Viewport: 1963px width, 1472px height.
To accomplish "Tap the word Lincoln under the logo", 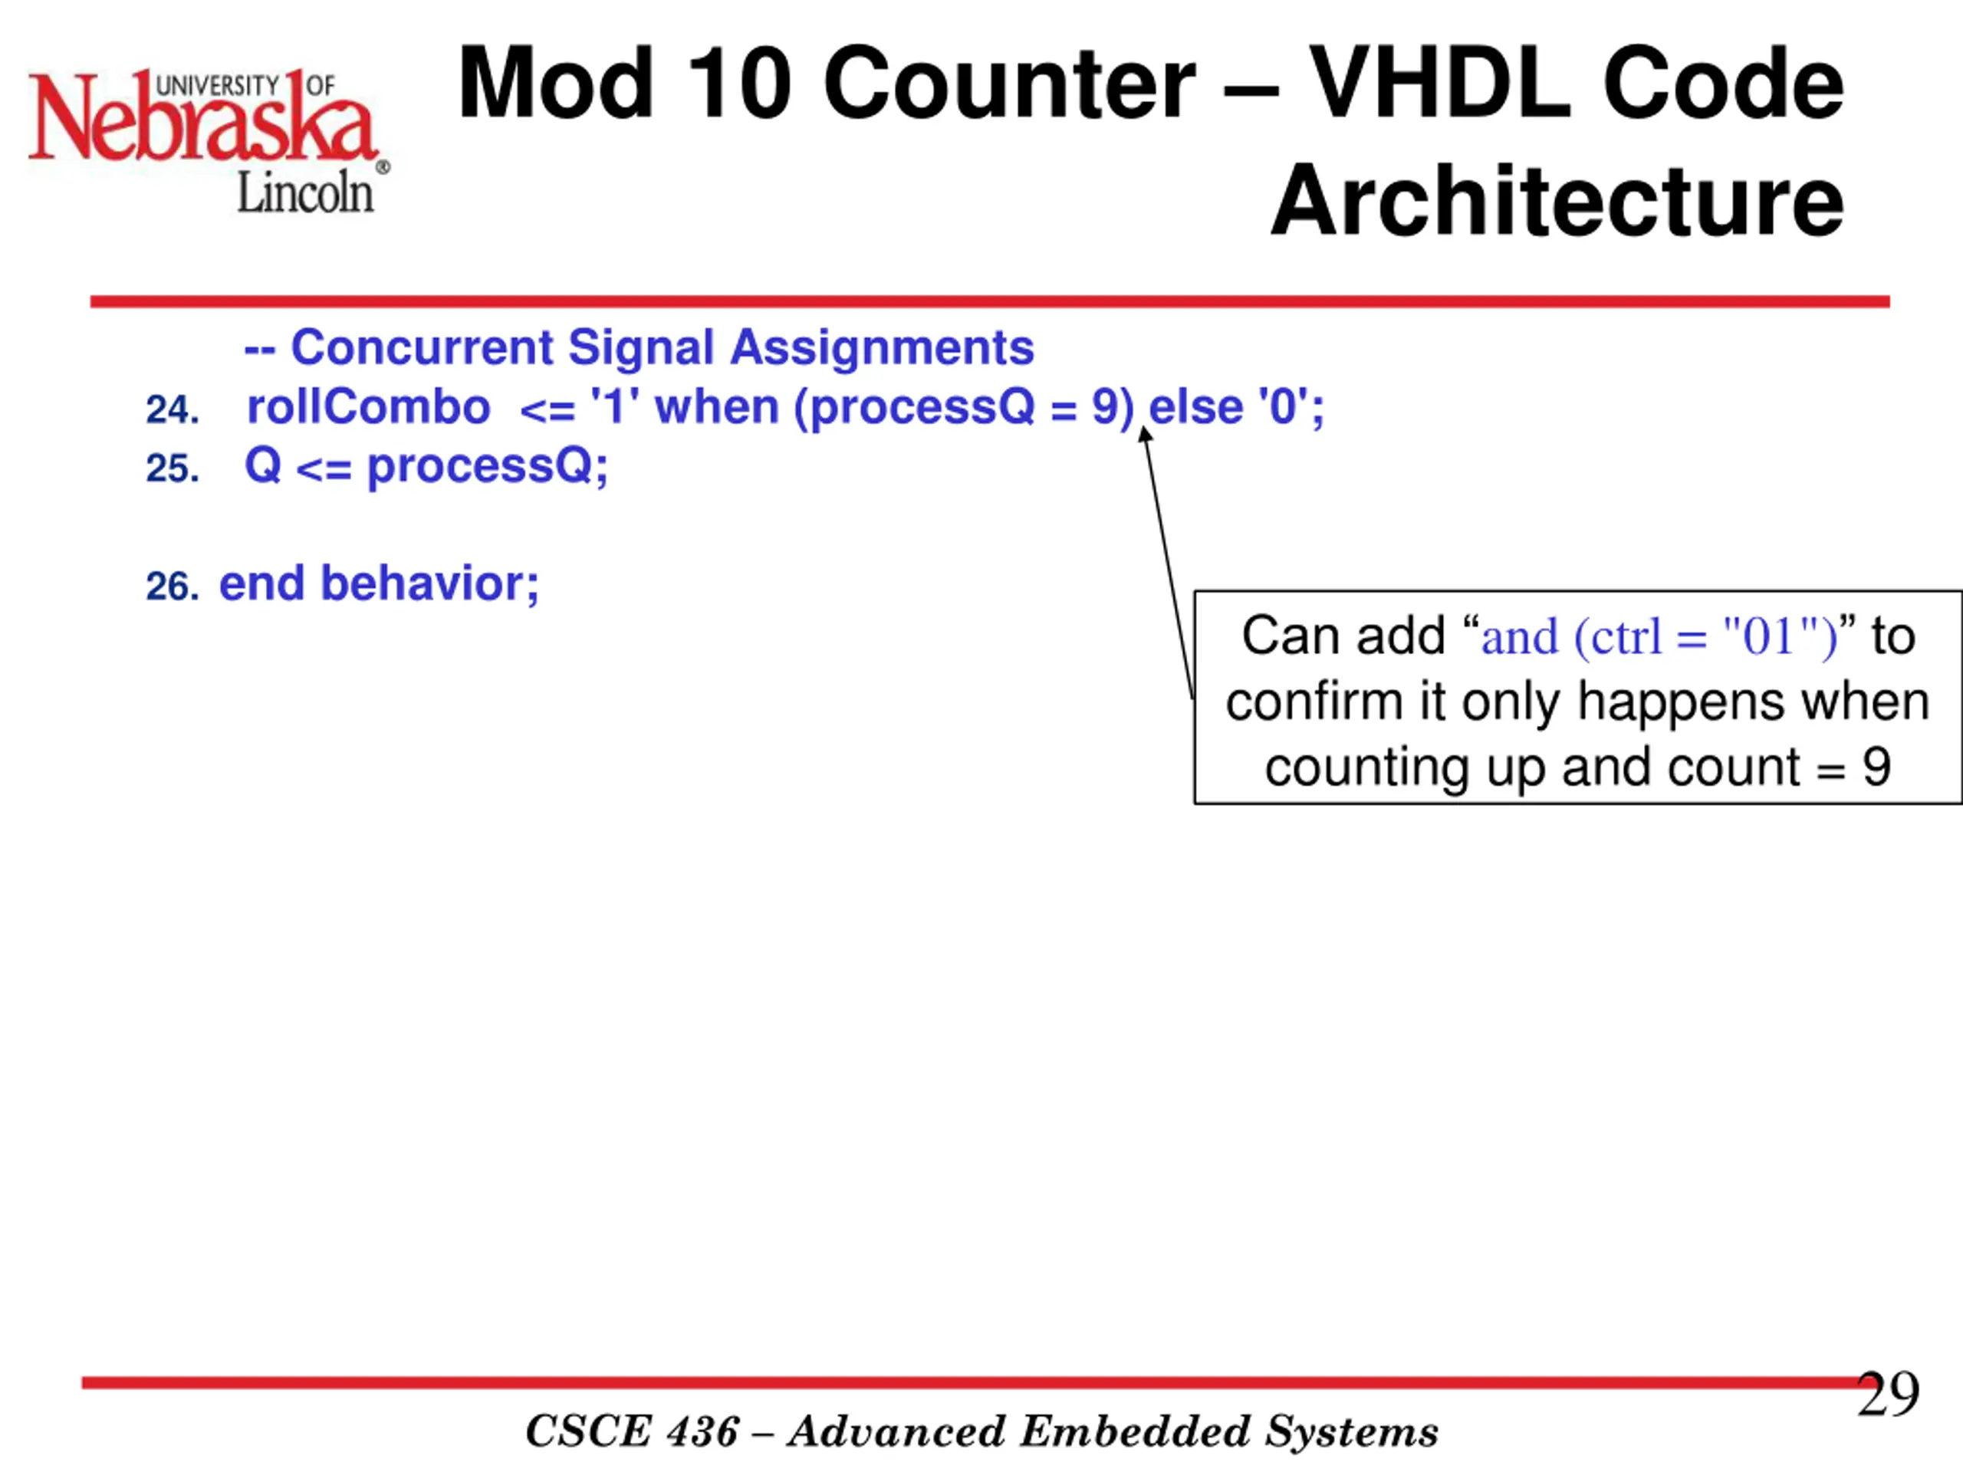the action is click(305, 192).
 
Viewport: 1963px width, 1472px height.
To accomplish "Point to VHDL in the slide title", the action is click(1440, 84).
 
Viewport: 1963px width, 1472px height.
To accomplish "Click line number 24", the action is click(173, 410).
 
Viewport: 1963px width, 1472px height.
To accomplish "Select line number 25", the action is click(173, 468).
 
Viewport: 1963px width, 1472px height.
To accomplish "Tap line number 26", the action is click(173, 586).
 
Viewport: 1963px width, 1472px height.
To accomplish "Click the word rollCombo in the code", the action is click(368, 407).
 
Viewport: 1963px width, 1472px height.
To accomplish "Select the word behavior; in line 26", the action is click(429, 584).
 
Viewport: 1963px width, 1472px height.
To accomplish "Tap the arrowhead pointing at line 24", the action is click(1145, 433).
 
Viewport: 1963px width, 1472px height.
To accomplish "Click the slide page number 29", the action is click(1888, 1394).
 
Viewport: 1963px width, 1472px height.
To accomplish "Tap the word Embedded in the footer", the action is click(1134, 1431).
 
